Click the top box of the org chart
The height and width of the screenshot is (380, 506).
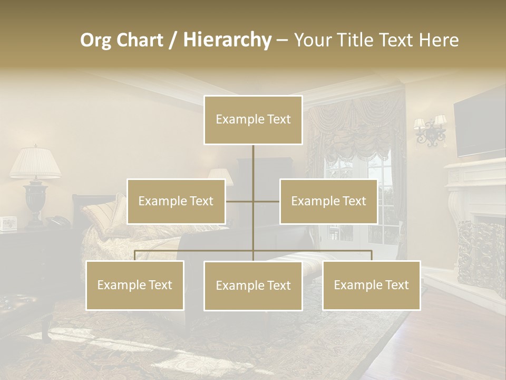click(253, 120)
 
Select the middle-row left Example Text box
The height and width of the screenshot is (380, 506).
click(176, 201)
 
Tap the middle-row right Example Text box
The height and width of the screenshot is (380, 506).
click(328, 201)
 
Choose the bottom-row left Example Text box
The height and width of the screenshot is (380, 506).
click(135, 285)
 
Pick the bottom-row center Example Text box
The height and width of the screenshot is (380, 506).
click(253, 286)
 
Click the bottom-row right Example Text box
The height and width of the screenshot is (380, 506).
click(372, 285)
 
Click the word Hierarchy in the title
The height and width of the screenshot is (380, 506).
click(227, 40)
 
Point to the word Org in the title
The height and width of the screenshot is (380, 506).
click(95, 40)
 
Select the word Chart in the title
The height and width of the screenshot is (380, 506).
click(139, 40)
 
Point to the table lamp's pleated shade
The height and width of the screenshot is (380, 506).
click(35, 163)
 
